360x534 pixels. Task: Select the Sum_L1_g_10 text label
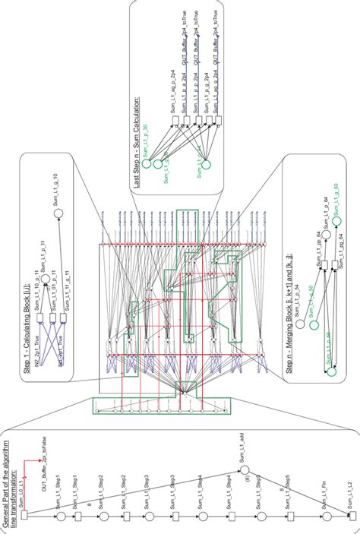click(x=54, y=185)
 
